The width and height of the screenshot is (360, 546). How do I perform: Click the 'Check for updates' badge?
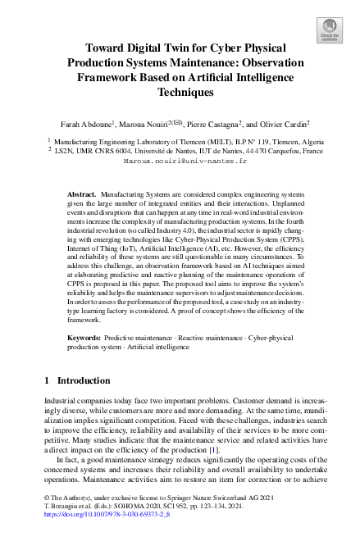[x=329, y=31]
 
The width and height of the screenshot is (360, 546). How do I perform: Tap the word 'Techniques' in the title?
[x=180, y=93]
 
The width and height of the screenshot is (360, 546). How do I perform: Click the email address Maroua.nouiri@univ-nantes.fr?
[x=179, y=162]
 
